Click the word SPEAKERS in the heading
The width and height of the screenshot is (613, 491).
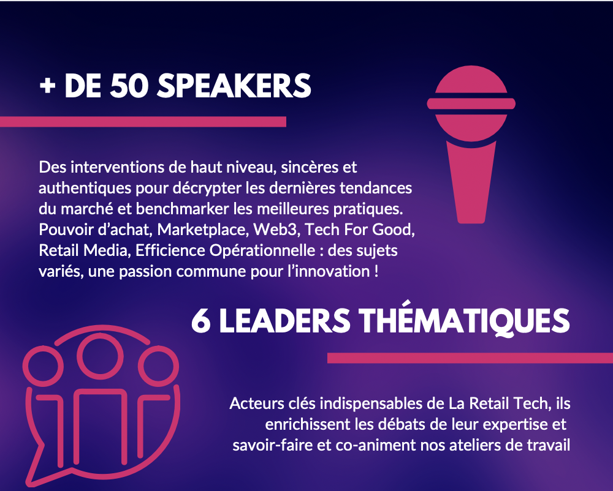tap(234, 86)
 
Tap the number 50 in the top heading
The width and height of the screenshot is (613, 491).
tap(129, 86)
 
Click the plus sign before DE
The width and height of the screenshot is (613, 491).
tap(47, 86)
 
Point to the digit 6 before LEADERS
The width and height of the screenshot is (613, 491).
tap(201, 321)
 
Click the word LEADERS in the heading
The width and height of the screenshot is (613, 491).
tap(284, 321)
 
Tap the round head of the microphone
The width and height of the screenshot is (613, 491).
tap(471, 103)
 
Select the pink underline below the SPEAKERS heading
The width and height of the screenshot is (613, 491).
tap(143, 122)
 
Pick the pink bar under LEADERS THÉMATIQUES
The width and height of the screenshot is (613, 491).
tap(470, 358)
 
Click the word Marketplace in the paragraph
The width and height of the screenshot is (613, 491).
tap(203, 230)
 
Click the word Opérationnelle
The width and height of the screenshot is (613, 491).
tap(262, 251)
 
